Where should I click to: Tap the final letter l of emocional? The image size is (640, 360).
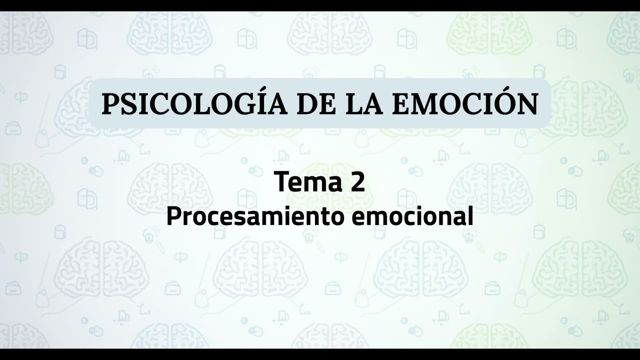470,216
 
